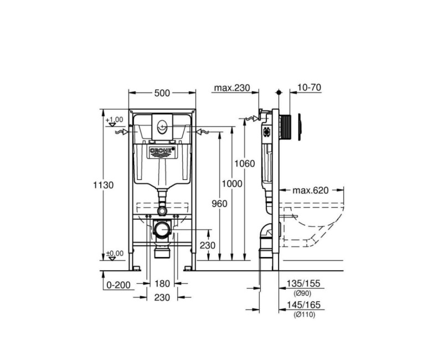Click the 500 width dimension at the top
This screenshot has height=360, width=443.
coord(162,93)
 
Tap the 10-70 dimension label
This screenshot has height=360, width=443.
coord(309,88)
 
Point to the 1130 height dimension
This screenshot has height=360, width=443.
coord(103,185)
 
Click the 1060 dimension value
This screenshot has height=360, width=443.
coord(244,163)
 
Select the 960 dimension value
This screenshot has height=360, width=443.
coord(220,204)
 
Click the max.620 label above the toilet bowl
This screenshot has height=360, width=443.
coord(311,191)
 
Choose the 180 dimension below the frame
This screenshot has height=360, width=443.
coord(162,284)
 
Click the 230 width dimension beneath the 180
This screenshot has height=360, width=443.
coord(162,297)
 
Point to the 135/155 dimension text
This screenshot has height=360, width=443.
coord(303,284)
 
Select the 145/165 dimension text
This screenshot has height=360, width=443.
coord(303,305)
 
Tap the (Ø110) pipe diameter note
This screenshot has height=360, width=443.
coord(303,315)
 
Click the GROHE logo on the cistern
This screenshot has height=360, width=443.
coord(162,150)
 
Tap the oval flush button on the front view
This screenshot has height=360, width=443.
coord(162,126)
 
